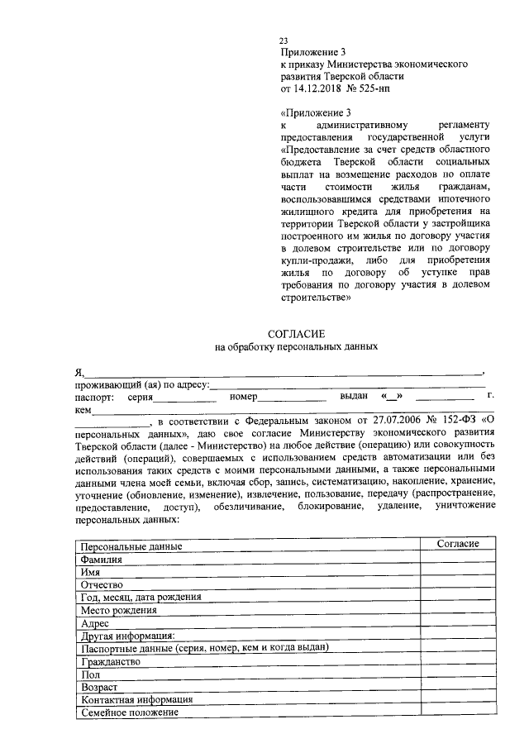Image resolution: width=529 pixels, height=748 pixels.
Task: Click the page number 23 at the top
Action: click(284, 40)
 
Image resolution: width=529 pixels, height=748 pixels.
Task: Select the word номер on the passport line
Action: click(244, 397)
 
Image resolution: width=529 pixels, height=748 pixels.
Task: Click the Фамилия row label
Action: click(100, 560)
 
